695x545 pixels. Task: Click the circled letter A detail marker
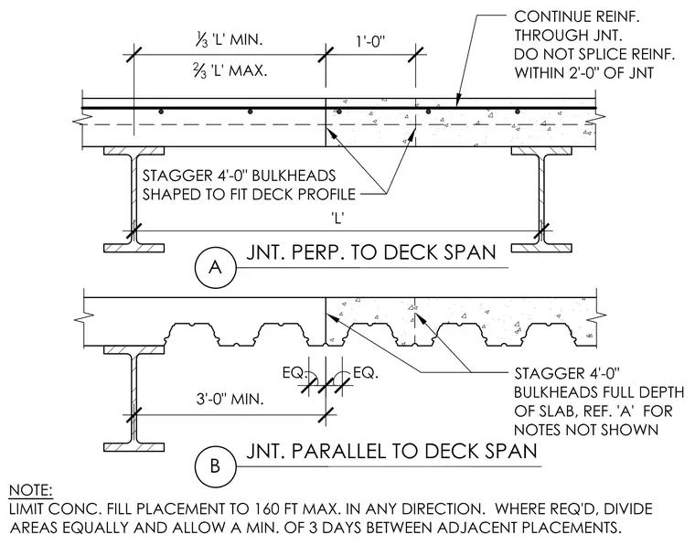(215, 267)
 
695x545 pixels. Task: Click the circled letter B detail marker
(215, 465)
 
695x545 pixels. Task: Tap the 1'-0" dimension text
(370, 42)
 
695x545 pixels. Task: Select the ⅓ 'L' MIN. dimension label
(228, 40)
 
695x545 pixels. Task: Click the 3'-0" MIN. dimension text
(230, 399)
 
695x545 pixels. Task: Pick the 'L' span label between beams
(337, 219)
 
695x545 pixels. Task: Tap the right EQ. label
(366, 373)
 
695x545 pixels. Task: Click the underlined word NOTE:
(30, 490)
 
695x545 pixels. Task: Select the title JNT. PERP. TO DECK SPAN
(371, 252)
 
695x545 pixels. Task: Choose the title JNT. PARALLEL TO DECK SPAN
(391, 451)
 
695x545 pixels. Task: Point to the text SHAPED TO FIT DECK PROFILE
(249, 194)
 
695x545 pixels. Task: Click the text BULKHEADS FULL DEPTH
(599, 392)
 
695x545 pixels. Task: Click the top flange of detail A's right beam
(541, 151)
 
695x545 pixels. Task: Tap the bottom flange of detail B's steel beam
(134, 446)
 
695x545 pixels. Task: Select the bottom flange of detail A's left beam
(134, 248)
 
